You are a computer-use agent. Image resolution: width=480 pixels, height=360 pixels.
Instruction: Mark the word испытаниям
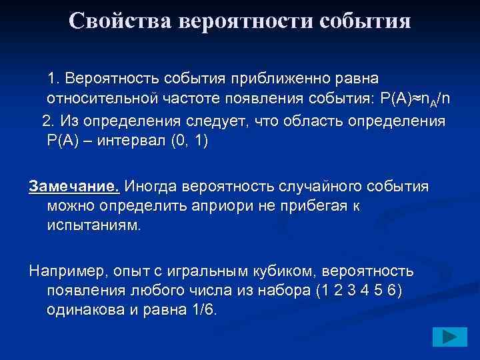(x=94, y=226)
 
